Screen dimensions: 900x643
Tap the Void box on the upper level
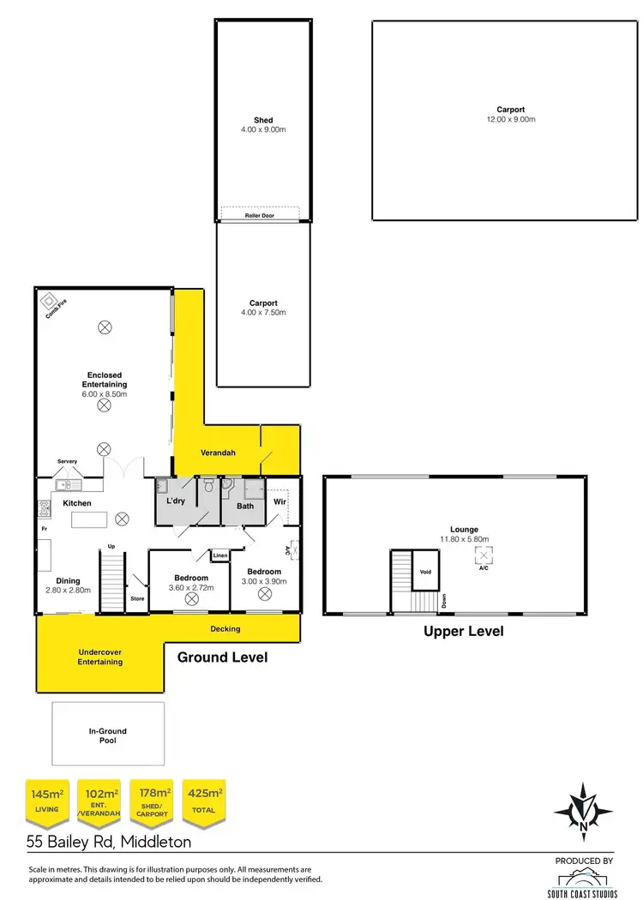click(x=424, y=572)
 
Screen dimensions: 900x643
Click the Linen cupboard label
click(x=219, y=555)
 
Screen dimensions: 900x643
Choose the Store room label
click(x=137, y=598)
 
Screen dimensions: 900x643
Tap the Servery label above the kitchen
click(x=67, y=462)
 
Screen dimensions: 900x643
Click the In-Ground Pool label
click(x=108, y=735)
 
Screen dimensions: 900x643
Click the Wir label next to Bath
click(x=279, y=501)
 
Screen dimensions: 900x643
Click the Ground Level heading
click(x=222, y=657)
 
